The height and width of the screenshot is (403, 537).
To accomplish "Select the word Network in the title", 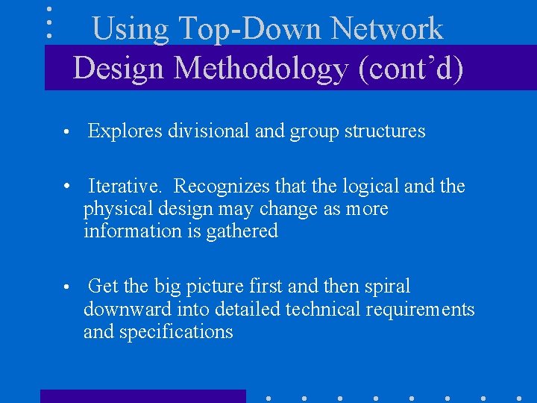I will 387,29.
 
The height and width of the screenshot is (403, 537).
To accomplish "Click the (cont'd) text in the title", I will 411,68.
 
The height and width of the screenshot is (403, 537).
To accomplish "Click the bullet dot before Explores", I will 66,133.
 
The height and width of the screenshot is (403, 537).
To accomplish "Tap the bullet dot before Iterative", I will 66,187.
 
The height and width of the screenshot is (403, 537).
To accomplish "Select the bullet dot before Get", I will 66,287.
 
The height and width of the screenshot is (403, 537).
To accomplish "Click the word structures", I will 386,131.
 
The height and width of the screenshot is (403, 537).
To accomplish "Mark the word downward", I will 128,309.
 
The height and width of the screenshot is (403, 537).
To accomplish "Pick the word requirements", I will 422,309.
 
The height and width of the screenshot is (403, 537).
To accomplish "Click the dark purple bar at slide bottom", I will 142,396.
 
